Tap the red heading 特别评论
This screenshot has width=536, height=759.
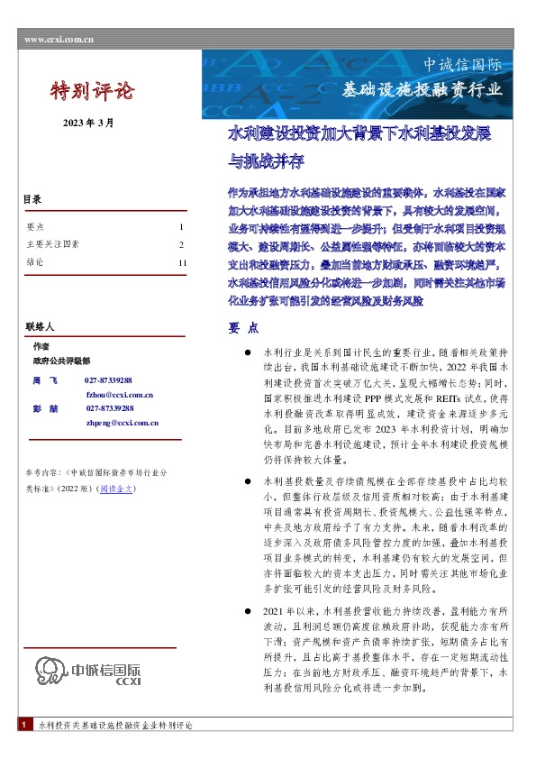90,91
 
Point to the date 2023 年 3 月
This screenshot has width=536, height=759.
88,123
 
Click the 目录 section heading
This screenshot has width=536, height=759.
33,200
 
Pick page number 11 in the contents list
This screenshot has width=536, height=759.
182,262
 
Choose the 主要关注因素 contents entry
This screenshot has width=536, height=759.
54,244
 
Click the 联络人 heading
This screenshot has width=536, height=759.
40,325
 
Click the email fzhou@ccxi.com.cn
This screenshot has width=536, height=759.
120,395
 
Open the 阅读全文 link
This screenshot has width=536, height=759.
118,488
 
